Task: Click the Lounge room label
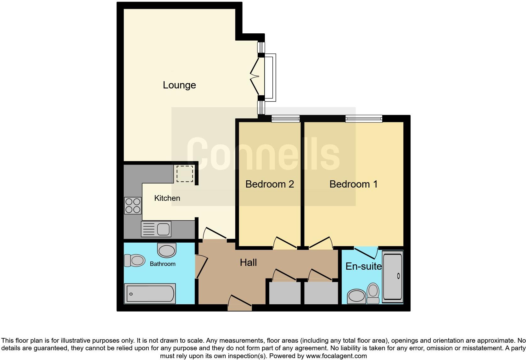click(x=179, y=85)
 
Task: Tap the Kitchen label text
click(x=167, y=198)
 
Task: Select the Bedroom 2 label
click(x=270, y=184)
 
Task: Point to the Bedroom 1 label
click(x=353, y=184)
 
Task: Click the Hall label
click(x=248, y=262)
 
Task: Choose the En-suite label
click(x=363, y=266)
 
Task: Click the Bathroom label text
click(x=162, y=264)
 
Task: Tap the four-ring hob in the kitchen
click(x=133, y=205)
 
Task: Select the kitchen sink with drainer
click(x=156, y=229)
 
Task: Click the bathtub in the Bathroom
click(x=150, y=294)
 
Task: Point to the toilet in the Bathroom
click(x=134, y=261)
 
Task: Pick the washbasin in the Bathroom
click(x=166, y=250)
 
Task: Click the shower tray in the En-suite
click(x=392, y=277)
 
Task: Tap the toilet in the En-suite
click(x=373, y=293)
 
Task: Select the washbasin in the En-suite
click(x=357, y=296)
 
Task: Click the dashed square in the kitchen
click(x=185, y=174)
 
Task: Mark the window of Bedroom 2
click(x=286, y=119)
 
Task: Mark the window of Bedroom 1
click(x=364, y=119)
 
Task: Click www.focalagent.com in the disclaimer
click(x=336, y=356)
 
